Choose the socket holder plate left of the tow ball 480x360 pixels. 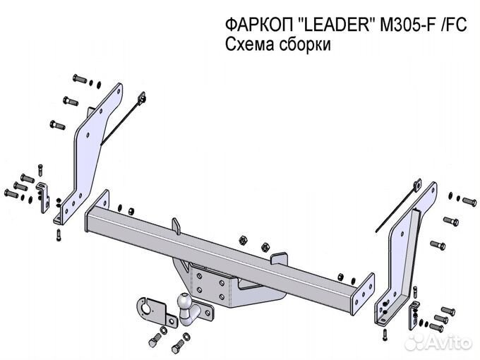click(x=150, y=308)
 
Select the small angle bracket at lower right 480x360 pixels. click(x=414, y=308)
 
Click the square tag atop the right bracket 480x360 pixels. click(x=417, y=186)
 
